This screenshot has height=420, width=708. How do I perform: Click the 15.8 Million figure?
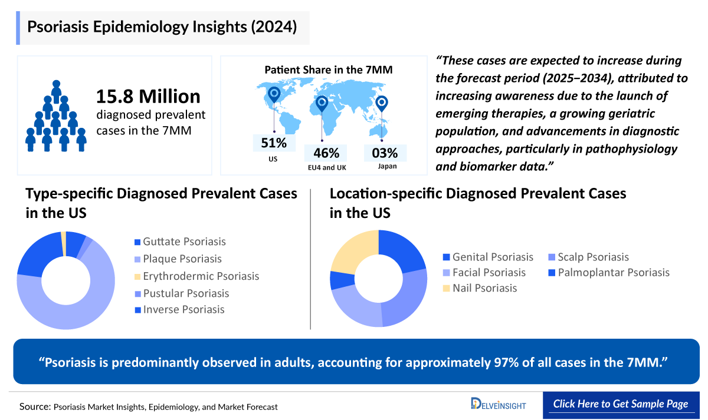click(x=148, y=96)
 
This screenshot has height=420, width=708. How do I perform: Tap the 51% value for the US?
click(x=274, y=143)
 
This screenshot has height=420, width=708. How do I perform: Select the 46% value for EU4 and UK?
click(x=326, y=153)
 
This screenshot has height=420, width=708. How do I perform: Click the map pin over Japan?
click(x=382, y=104)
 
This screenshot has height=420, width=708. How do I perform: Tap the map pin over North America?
click(x=274, y=94)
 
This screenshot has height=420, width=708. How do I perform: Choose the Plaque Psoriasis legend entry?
click(x=182, y=259)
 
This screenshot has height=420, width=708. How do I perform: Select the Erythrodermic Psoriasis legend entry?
click(x=200, y=276)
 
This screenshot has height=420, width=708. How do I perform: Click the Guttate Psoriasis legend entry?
click(x=183, y=242)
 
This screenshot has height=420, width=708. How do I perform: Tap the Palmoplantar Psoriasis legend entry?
click(x=614, y=272)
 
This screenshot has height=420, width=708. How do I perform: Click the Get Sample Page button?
click(x=620, y=404)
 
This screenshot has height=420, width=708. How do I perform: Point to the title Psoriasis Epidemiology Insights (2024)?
click(x=162, y=27)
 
